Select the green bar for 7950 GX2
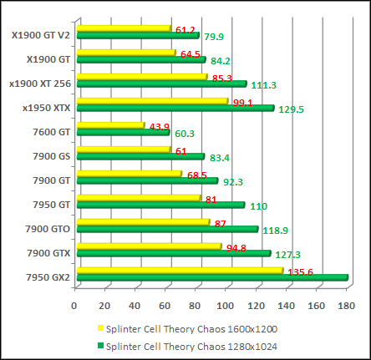coord(211,277)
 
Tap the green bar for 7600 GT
coord(123,132)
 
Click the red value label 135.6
coord(300,271)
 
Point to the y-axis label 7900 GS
coord(52,155)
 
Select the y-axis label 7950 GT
coord(52,204)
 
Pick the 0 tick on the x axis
coord(74,305)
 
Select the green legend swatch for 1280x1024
coord(101,345)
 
